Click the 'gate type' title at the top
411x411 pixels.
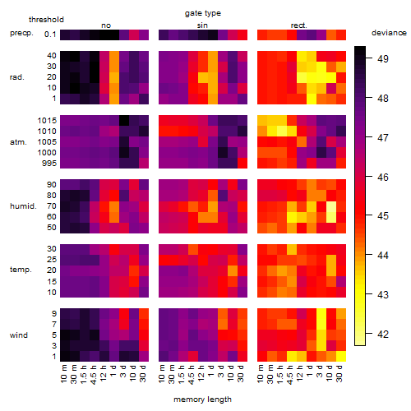pos(203,13)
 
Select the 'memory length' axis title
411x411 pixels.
pos(202,399)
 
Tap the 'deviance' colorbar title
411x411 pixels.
pos(389,33)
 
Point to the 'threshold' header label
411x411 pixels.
pos(46,20)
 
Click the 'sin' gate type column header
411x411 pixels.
pos(202,25)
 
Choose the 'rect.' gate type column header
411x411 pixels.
pos(298,25)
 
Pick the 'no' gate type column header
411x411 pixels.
pos(106,25)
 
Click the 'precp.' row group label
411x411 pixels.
pos(21,33)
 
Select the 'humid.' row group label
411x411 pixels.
pos(23,206)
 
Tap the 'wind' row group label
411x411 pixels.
pos(19,335)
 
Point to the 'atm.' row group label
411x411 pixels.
pos(18,142)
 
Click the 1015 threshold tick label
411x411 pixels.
pos(47,121)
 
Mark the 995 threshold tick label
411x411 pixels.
pos(49,164)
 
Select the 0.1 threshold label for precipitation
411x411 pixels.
pos(50,35)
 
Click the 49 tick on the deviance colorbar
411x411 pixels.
pos(383,58)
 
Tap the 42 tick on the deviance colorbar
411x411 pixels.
pos(383,335)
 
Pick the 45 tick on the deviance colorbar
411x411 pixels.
pos(383,216)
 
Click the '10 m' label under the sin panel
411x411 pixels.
pos(162,373)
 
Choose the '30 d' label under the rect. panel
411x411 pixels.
pos(339,373)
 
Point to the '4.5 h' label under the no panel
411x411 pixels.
pos(93,375)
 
